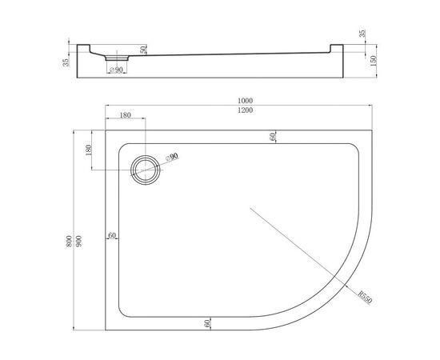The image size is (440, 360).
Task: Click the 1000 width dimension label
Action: [245, 101]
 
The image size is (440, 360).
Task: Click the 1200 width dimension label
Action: [245, 110]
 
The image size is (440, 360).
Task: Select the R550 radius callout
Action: [365, 298]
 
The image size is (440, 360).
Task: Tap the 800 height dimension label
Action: [69, 241]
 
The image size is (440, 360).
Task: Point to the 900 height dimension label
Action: [79, 241]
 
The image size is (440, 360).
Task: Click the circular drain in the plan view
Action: [146, 170]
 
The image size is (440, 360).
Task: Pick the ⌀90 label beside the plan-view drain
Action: [172, 157]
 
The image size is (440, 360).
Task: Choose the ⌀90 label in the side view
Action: [116, 70]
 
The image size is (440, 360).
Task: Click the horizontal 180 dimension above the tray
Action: [125, 115]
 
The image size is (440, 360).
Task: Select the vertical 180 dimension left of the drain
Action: [89, 150]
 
